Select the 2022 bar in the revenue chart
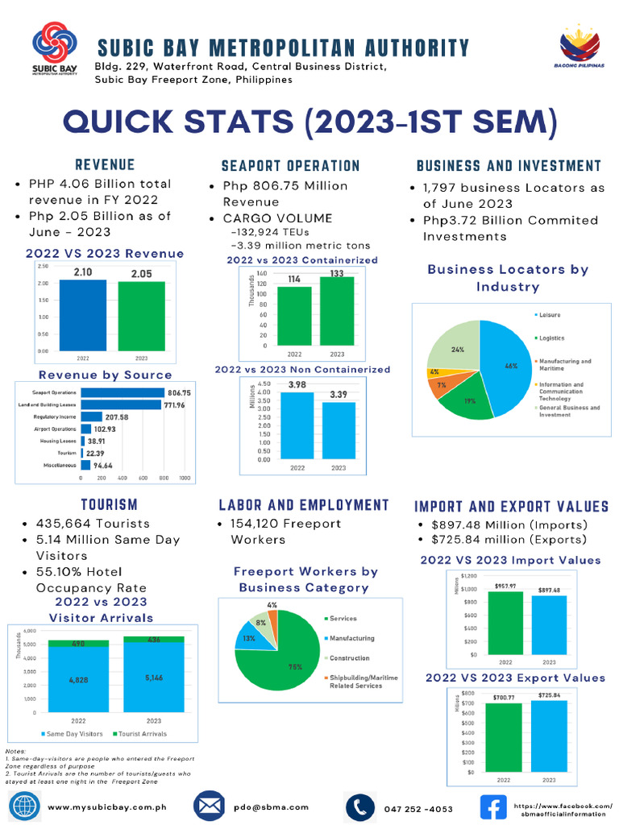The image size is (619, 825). click(x=83, y=314)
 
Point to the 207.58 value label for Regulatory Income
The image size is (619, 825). click(x=117, y=417)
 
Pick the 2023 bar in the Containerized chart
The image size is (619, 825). click(x=337, y=311)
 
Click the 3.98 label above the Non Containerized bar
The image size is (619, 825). click(x=297, y=385)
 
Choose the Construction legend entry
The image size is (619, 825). click(x=348, y=658)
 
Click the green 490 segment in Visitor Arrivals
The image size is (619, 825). click(x=78, y=644)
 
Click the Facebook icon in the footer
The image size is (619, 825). click(x=492, y=806)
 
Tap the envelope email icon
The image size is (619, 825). click(x=209, y=806)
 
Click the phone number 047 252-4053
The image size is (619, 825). click(x=418, y=808)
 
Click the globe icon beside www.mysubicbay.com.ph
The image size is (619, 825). click(x=24, y=806)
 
